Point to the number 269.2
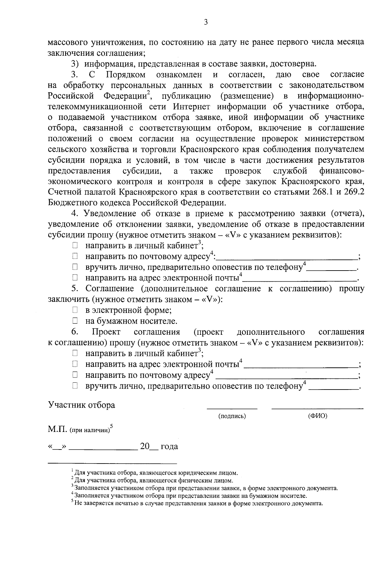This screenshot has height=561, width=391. click(x=353, y=192)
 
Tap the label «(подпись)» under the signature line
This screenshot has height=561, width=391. click(x=232, y=416)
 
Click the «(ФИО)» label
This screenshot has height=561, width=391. click(x=317, y=416)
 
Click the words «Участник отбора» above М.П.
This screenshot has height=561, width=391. click(x=81, y=405)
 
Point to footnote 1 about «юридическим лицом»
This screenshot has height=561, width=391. click(x=155, y=472)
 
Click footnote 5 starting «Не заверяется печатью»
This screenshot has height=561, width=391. click(x=197, y=503)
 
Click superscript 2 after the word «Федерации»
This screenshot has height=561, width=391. click(x=148, y=93)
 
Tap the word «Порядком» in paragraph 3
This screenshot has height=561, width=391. click(x=126, y=75)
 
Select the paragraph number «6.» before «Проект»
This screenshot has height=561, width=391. click(x=75, y=332)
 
